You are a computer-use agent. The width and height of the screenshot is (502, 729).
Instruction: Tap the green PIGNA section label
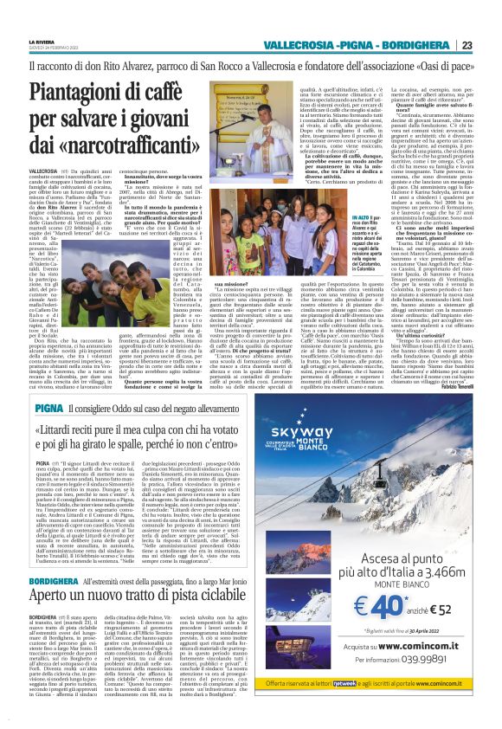click(48, 384)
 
